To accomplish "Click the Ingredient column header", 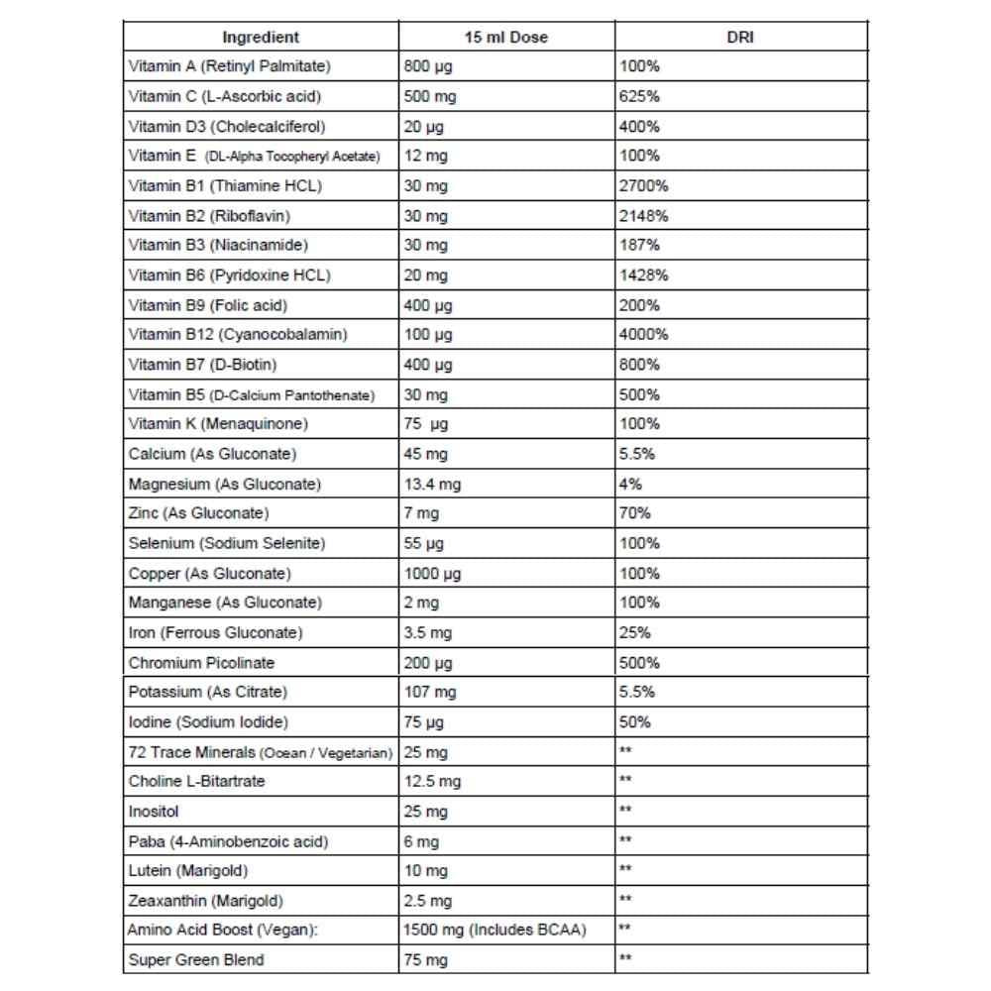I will coord(261,38).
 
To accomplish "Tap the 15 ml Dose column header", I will coord(505,38).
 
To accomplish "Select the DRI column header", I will coord(740,38).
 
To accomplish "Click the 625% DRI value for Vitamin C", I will coord(639,97).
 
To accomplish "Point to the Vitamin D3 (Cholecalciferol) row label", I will coord(227,127).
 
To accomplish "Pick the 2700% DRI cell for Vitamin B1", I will coord(644,186).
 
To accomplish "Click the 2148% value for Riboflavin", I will coord(644,216).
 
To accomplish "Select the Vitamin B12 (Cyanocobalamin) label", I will coord(238,335).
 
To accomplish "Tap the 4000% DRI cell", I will coord(644,335).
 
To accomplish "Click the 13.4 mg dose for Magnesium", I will coord(433,484).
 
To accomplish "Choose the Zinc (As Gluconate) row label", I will coord(199,513).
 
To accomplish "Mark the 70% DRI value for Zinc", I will coord(635,513).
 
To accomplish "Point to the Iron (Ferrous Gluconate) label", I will coord(215,632).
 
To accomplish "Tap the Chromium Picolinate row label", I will coord(202,662).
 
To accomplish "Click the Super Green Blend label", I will coord(196,959).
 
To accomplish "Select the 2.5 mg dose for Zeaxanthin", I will coord(428,900).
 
